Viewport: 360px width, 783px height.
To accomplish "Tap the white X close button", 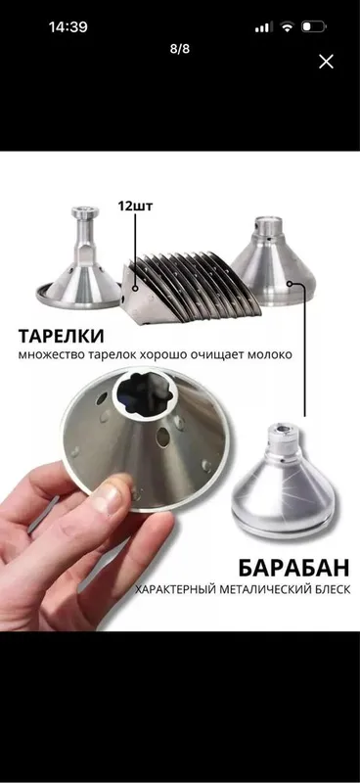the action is [326, 62].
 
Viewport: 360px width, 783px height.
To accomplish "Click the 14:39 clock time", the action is [67, 27].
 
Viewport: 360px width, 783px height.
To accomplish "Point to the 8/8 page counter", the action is [180, 49].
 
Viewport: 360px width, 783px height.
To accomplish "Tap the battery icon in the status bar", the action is [313, 26].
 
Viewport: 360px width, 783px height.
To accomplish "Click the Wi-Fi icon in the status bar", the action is [287, 27].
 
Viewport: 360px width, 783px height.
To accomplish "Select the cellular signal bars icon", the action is [262, 27].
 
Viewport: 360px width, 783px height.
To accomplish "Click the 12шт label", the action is [135, 207].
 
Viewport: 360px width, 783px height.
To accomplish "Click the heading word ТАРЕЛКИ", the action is [62, 336].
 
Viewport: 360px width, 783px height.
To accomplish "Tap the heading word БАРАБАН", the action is [293, 568].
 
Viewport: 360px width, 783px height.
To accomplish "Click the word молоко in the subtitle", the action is [272, 355].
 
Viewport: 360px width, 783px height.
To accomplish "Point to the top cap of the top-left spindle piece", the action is [85, 212].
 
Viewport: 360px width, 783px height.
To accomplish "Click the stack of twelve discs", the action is [192, 287].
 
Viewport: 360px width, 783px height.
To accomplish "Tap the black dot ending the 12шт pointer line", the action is [135, 288].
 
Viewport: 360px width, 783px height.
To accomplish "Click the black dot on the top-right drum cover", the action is [290, 283].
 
